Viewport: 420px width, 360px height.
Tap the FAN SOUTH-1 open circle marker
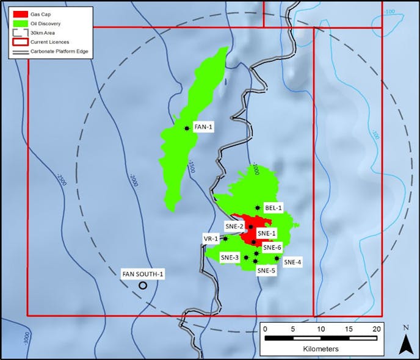click(143, 285)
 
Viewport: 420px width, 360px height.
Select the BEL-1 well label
click(273, 207)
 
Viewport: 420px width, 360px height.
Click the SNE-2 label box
click(234, 226)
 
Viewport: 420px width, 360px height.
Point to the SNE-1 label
click(267, 233)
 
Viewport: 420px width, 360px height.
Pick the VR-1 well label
click(211, 238)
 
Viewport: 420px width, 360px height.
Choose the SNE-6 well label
click(272, 248)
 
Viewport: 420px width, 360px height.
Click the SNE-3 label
click(230, 257)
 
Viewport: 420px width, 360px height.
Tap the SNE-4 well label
click(292, 262)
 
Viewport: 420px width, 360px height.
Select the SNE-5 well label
click(266, 270)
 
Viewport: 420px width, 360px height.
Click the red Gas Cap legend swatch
click(18, 13)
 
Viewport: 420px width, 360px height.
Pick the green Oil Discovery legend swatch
click(18, 24)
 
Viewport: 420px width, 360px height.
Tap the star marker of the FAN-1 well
click(186, 128)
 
